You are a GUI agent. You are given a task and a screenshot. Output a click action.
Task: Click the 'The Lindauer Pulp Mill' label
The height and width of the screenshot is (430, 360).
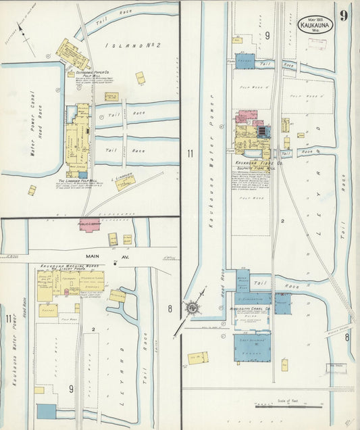click(79, 181)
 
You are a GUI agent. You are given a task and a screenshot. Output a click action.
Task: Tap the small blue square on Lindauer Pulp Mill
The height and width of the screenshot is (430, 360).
click(82, 174)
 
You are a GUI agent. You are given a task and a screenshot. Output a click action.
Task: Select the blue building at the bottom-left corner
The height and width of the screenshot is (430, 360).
click(47, 410)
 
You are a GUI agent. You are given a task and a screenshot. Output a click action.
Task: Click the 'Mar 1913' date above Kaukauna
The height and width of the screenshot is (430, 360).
click(314, 17)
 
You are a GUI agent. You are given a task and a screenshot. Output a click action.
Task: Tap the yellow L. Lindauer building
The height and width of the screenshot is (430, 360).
click(124, 183)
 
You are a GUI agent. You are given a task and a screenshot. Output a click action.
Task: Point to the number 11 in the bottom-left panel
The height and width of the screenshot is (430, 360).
click(8, 318)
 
